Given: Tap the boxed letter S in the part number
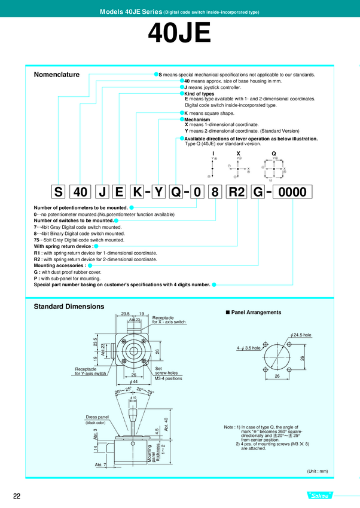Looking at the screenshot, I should (58, 192).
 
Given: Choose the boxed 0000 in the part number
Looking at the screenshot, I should (292, 192).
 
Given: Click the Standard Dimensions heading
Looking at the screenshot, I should (69, 307).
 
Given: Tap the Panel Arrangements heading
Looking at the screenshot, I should (256, 313).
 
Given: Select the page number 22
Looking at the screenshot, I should (17, 495).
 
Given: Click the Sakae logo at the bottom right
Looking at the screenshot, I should (324, 495).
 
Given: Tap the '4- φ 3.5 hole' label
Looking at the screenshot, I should (248, 348).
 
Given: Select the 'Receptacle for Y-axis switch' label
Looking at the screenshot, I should (90, 371).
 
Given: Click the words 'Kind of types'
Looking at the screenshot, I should (200, 94).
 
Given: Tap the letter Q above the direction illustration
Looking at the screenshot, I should (274, 153).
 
